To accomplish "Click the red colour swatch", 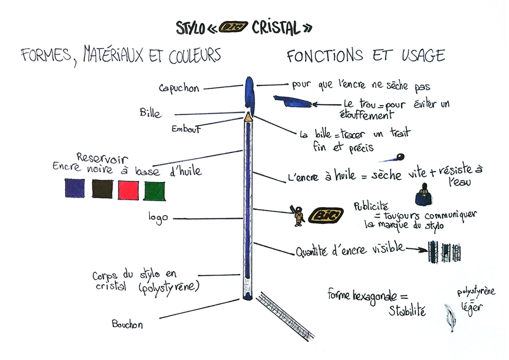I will [x=128, y=189].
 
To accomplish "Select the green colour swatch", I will [x=155, y=191].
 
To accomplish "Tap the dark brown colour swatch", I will [x=102, y=188].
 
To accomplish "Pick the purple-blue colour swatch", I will [x=75, y=188].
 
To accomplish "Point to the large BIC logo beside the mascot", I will [x=326, y=216].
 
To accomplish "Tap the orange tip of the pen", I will [x=247, y=115].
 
